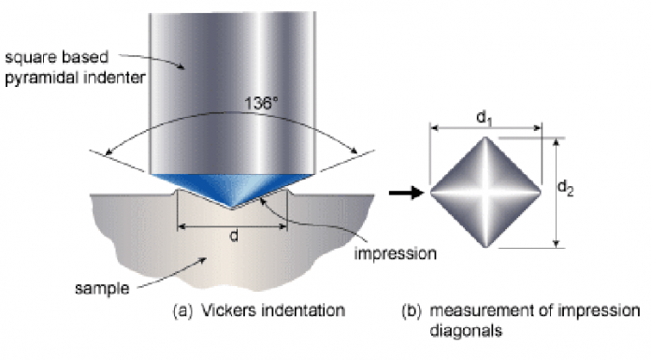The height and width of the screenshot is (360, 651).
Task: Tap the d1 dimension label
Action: coord(485,118)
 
